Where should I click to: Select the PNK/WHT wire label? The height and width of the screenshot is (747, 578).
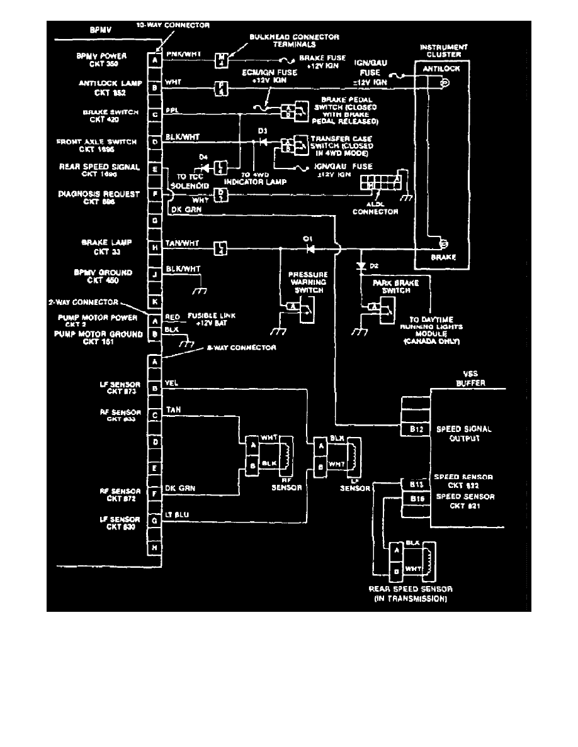pyautogui.click(x=183, y=55)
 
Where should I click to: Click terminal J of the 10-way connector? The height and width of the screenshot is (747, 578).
pyautogui.click(x=154, y=275)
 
